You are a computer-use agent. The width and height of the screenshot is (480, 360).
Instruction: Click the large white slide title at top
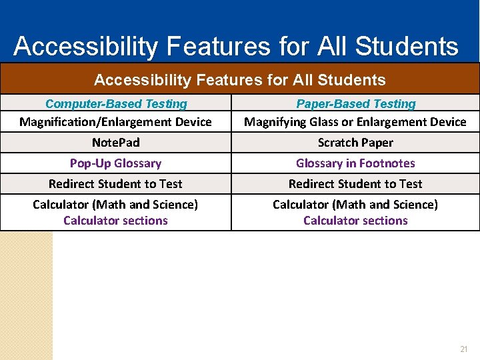coord(236,47)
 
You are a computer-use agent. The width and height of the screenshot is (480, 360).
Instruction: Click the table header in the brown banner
coord(240,80)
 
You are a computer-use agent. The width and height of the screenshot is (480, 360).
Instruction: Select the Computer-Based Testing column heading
coord(116,104)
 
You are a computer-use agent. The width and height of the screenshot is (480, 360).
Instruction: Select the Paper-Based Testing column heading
coord(355,104)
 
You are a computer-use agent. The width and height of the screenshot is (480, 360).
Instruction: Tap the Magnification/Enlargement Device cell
coord(115,121)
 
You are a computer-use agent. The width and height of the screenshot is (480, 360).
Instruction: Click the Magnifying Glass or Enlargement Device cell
coord(355,121)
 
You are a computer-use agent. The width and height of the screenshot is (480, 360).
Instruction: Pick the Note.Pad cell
coord(115,143)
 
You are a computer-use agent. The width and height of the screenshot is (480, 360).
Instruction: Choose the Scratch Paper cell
coord(355,143)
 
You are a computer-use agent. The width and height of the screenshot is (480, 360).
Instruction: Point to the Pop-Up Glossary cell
coord(115,163)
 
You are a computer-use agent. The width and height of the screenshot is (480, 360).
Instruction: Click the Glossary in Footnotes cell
coord(355,163)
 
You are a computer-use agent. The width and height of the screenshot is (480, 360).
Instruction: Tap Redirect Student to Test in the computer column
coord(115,184)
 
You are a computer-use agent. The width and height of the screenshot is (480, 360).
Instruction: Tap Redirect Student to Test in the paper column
coord(355,184)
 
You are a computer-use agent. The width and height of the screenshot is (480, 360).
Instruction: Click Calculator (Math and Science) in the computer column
coord(115,204)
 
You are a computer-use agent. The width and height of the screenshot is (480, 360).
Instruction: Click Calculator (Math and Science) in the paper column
coord(355,204)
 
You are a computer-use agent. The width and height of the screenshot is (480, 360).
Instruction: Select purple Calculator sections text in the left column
coord(115,221)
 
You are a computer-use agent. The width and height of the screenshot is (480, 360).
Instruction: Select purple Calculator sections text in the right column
coord(355,221)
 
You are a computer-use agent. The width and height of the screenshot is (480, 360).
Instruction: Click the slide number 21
coord(464,349)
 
